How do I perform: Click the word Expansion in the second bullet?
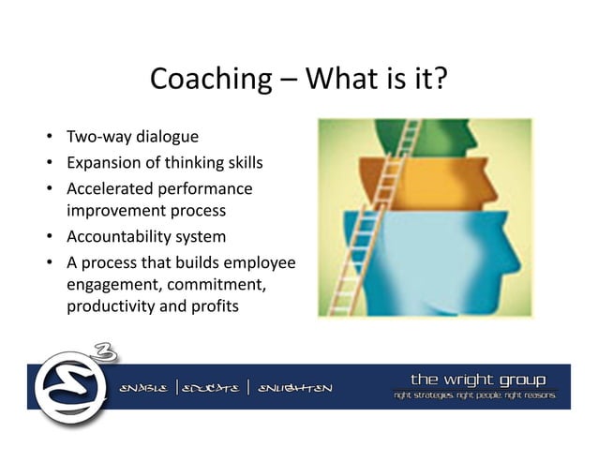[x=100, y=163]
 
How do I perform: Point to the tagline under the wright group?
[x=476, y=397]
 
